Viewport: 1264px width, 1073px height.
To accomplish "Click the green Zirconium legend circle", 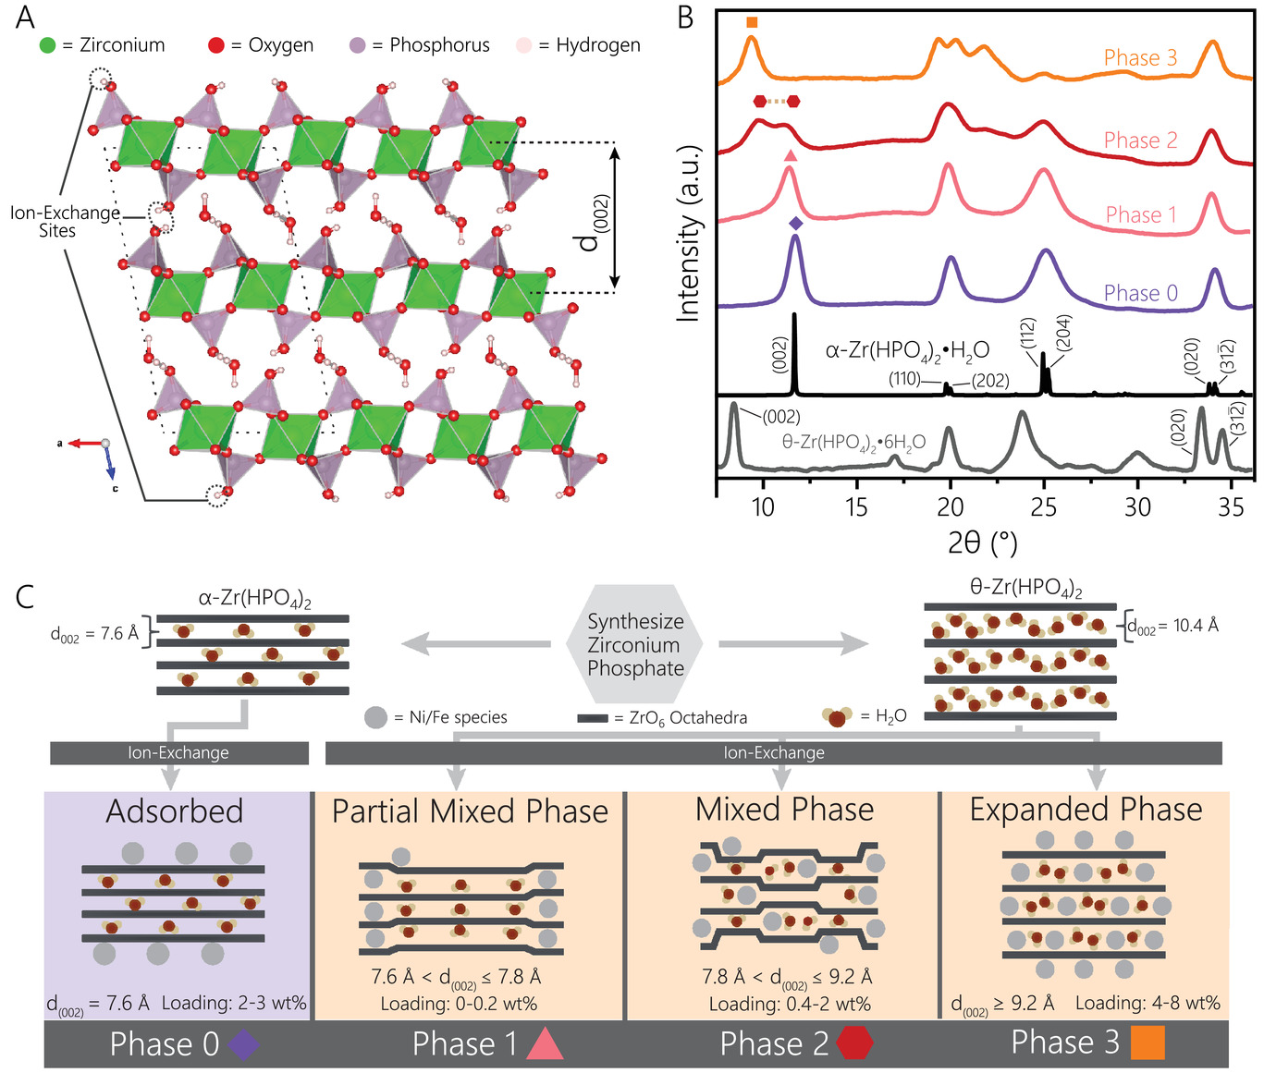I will [48, 45].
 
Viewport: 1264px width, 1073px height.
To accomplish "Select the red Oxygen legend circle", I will [216, 45].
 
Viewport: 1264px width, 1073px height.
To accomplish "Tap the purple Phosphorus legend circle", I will [358, 45].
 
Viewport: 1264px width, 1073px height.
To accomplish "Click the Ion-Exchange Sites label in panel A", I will [64, 222].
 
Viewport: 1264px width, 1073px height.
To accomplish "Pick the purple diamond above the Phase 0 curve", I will [796, 224].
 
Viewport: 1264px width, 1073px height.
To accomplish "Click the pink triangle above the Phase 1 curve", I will [790, 155].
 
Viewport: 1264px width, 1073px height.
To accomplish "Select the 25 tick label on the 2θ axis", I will [1044, 507].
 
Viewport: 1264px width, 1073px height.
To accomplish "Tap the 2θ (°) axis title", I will [982, 542].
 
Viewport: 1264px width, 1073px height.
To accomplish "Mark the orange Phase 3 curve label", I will [1140, 58].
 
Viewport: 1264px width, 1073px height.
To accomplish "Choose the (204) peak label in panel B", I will [1065, 333].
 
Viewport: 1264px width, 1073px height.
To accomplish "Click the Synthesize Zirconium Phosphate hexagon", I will [635, 644].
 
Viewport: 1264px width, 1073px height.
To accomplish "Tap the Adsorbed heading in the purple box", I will [175, 811].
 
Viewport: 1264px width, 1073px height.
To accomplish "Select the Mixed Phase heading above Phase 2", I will [784, 810].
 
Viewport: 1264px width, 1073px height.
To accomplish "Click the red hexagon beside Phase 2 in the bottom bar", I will [854, 1043].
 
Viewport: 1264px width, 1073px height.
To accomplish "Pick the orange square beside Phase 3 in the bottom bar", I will [1147, 1043].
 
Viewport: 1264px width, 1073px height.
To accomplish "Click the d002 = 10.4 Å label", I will [1173, 627].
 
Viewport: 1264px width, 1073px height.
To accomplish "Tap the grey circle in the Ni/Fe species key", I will [375, 717].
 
